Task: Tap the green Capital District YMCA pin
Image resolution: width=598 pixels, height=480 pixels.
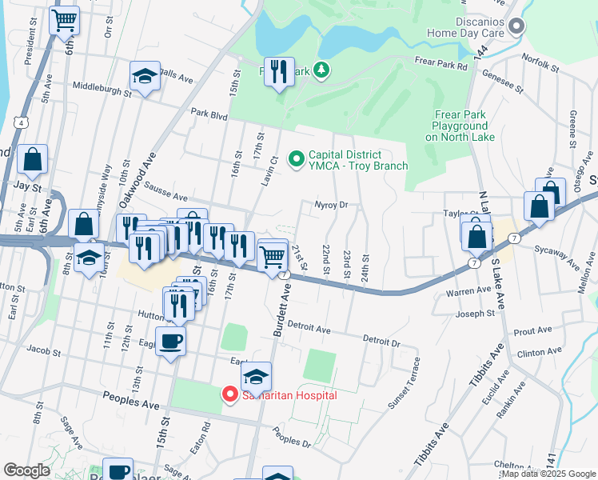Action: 297,160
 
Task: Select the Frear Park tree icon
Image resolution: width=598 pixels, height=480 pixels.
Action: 321,70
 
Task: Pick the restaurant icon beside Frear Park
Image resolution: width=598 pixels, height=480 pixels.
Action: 279,73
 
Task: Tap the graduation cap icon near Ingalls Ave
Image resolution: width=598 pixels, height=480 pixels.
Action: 144,77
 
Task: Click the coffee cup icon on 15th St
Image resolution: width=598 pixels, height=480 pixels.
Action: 170,342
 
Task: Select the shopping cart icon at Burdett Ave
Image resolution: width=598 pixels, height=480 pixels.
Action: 273,255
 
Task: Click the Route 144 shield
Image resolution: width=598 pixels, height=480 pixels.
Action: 480,50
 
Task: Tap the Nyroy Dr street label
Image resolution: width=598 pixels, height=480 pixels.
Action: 332,205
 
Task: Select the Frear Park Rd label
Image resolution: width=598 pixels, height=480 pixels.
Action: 441,62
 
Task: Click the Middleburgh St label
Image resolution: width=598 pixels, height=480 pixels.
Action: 101,87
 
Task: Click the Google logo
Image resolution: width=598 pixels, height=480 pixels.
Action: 27,470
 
